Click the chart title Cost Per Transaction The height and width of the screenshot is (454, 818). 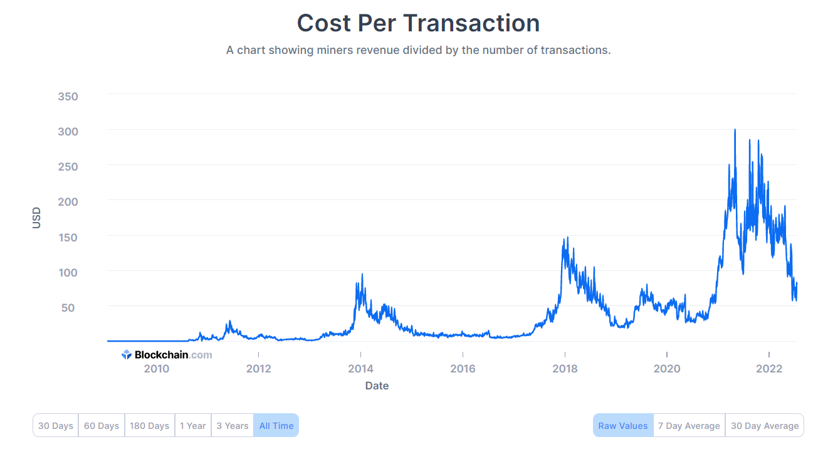418,23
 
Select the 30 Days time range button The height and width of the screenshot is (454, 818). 56,426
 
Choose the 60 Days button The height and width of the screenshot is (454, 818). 102,426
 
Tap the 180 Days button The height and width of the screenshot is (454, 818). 149,426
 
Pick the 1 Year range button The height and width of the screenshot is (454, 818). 192,426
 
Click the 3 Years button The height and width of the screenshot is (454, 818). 233,426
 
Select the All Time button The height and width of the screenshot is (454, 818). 276,426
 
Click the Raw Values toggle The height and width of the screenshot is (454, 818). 623,426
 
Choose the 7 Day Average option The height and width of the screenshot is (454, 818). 689,426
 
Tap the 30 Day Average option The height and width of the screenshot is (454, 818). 765,426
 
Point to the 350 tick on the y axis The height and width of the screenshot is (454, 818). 68,97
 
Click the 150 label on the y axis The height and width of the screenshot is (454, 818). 68,238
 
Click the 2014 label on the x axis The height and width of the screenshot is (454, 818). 360,369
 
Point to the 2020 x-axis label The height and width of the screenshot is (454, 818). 667,369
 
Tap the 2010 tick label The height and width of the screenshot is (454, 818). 157,369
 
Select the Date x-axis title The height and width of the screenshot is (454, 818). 377,386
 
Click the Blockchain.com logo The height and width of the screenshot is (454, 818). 167,355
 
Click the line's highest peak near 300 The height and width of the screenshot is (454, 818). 735,130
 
